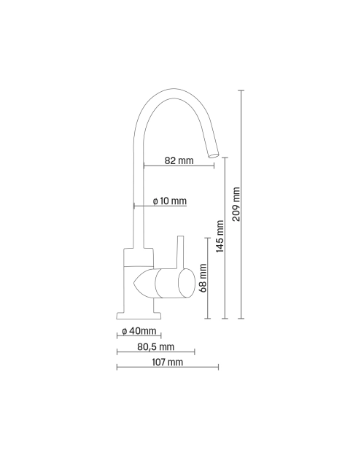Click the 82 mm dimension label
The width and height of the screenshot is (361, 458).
point(179,160)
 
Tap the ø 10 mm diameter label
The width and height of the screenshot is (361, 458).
point(170,201)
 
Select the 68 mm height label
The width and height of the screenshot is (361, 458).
point(203,278)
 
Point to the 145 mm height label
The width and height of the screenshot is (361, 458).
point(220,236)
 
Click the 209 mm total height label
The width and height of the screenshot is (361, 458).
point(236,204)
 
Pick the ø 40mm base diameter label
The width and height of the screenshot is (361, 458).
point(139,331)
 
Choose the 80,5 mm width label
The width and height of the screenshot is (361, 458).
point(155,346)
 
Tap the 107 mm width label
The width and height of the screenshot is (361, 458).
point(168,362)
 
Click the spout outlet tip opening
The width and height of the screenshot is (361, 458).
point(214,155)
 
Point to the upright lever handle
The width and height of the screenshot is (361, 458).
point(180,252)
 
